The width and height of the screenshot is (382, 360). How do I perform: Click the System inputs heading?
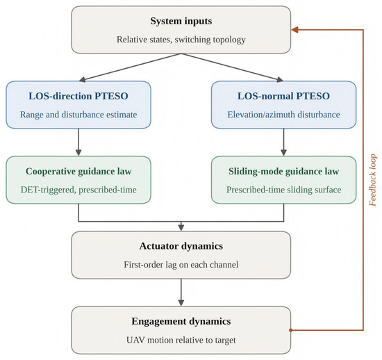181,22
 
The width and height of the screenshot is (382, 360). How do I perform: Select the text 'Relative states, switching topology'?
181,40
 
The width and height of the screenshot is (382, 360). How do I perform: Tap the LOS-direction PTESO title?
78,96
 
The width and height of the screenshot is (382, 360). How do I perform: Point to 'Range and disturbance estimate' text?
78,115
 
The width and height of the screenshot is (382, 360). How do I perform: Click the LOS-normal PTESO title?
283,96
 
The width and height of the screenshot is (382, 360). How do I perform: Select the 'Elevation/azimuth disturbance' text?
283,115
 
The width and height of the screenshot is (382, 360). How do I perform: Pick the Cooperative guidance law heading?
78,172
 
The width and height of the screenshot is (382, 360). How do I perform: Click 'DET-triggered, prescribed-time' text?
78,190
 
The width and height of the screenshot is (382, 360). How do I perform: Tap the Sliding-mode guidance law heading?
283,172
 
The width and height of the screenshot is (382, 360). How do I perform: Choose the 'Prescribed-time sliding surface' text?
283,190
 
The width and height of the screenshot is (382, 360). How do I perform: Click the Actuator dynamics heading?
181,246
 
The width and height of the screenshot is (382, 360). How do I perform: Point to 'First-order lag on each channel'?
181,265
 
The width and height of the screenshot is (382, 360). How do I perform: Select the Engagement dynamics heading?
181,322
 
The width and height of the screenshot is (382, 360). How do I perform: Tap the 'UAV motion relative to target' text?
181,340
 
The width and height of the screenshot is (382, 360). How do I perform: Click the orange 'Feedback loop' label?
372,180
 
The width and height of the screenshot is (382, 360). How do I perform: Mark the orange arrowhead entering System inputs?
294,30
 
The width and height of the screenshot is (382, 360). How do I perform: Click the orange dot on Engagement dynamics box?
290,330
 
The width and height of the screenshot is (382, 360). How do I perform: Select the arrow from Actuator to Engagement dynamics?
181,293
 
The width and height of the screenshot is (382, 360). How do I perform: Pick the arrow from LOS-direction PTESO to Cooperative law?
78,142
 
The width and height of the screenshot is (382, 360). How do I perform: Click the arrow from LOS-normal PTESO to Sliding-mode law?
283,142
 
